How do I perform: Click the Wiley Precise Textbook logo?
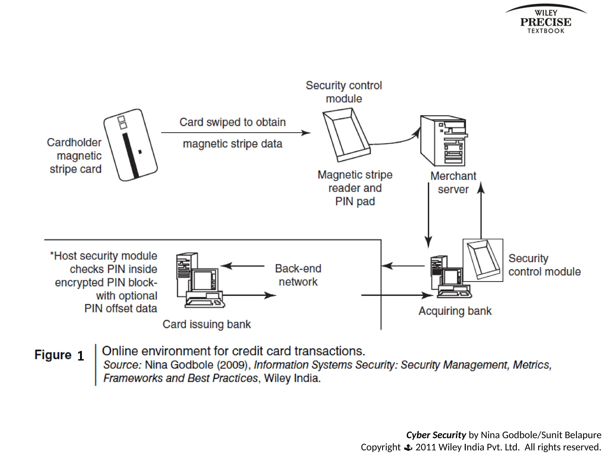coord(546,20)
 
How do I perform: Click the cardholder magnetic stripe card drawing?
coord(131,145)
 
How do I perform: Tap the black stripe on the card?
coord(131,156)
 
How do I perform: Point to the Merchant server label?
coord(453,183)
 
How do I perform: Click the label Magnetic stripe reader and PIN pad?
coord(355,188)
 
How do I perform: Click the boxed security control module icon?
coord(483,260)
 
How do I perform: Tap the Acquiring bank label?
coord(455,311)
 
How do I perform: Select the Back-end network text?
coord(298,275)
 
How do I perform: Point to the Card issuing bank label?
coord(207,324)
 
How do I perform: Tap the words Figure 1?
coord(59,355)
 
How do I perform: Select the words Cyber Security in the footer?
coord(436,435)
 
